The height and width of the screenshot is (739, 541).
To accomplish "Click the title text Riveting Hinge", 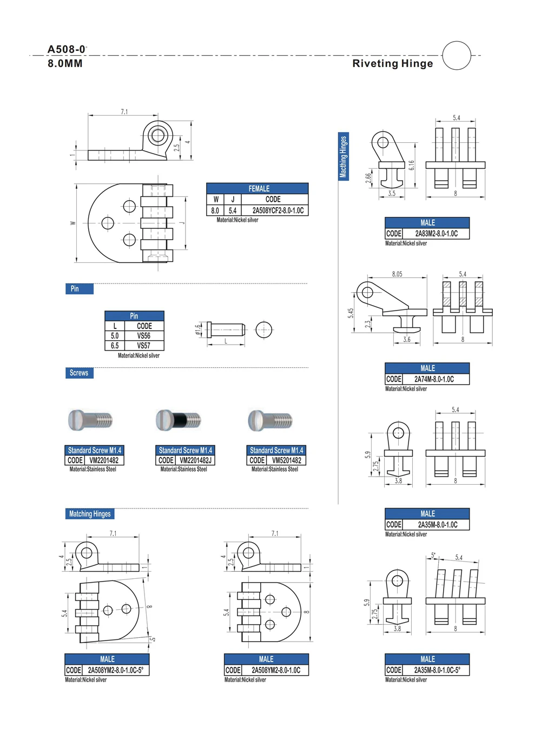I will pyautogui.click(x=392, y=63).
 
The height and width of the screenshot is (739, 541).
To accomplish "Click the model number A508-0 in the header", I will pyautogui.click(x=67, y=49).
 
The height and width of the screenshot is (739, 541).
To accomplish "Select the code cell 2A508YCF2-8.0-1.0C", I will pyautogui.click(x=278, y=210).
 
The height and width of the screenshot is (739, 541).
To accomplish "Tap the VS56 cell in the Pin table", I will pyautogui.click(x=144, y=336).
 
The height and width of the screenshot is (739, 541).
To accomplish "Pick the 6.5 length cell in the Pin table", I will pyautogui.click(x=115, y=346).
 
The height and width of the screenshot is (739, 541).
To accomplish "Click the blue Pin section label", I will pyautogui.click(x=79, y=289).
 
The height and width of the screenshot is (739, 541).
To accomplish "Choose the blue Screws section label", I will pyautogui.click(x=79, y=373).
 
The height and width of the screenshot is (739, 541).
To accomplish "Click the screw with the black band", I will pyautogui.click(x=179, y=419).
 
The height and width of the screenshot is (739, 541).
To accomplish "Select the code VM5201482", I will pyautogui.click(x=286, y=460).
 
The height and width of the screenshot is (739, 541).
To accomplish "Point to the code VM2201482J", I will pyautogui.click(x=195, y=460).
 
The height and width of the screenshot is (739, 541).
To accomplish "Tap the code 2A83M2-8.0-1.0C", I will pyautogui.click(x=436, y=234).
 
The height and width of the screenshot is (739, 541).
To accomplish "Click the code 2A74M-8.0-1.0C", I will pyautogui.click(x=434, y=379).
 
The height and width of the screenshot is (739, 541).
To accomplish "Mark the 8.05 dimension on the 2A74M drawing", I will pyautogui.click(x=397, y=274).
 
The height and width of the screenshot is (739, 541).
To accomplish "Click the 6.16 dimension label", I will pyautogui.click(x=412, y=166).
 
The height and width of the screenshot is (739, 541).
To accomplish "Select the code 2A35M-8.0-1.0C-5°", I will pyautogui.click(x=437, y=670).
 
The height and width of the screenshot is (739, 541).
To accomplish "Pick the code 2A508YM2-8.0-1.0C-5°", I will pyautogui.click(x=115, y=670).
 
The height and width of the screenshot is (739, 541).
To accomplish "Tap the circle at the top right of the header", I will pyautogui.click(x=457, y=55).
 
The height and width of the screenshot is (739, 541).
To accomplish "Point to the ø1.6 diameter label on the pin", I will pyautogui.click(x=198, y=329).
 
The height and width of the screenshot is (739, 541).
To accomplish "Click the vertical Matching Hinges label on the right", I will pyautogui.click(x=344, y=156).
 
